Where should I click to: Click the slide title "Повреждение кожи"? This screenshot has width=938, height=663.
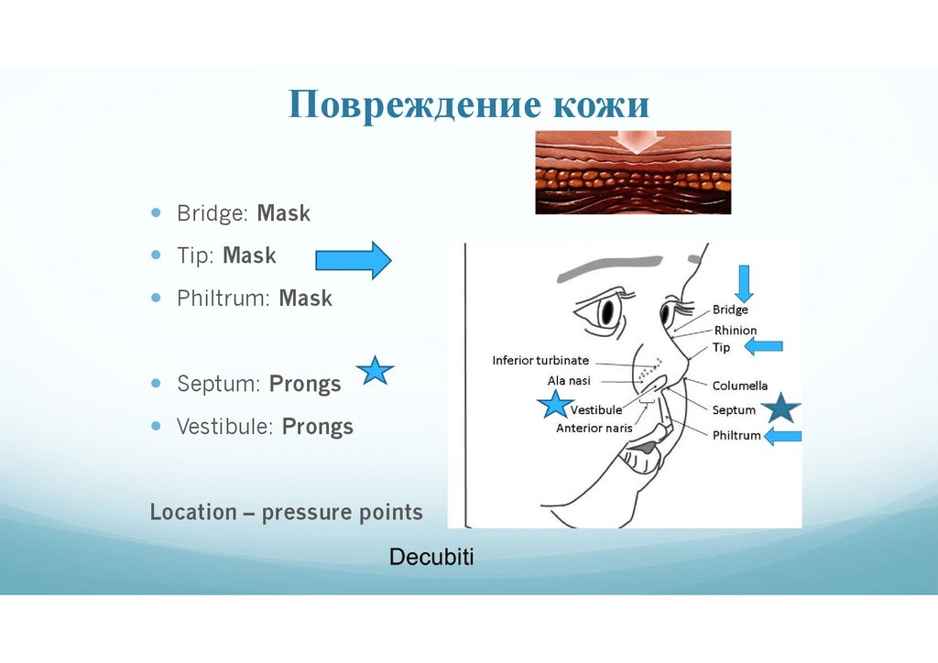tap(469, 106)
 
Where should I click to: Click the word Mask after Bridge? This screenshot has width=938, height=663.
tap(284, 214)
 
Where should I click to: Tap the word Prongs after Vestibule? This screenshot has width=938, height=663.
tap(317, 427)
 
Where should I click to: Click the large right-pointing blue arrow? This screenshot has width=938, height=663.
tap(353, 261)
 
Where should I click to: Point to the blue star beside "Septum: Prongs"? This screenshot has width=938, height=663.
tap(375, 371)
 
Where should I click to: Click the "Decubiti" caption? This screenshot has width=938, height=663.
tap(431, 557)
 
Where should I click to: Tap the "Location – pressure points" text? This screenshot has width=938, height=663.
tap(287, 512)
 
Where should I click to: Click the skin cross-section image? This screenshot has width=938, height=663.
tap(632, 172)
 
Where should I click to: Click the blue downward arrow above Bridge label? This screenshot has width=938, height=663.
tap(744, 283)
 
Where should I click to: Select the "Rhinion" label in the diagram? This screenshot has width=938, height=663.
tap(736, 331)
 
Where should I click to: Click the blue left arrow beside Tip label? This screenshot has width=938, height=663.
tap(763, 346)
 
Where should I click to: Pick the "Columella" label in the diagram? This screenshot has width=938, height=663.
tap(740, 386)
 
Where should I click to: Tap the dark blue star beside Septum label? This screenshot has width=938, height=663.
tap(781, 408)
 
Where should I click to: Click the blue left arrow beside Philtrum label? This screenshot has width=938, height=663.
tap(782, 437)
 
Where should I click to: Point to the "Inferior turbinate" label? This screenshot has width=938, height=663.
tap(540, 361)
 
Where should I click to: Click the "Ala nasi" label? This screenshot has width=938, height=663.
tap(569, 380)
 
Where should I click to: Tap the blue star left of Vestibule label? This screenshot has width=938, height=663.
tap(554, 404)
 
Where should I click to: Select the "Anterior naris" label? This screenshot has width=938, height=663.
tap(594, 428)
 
